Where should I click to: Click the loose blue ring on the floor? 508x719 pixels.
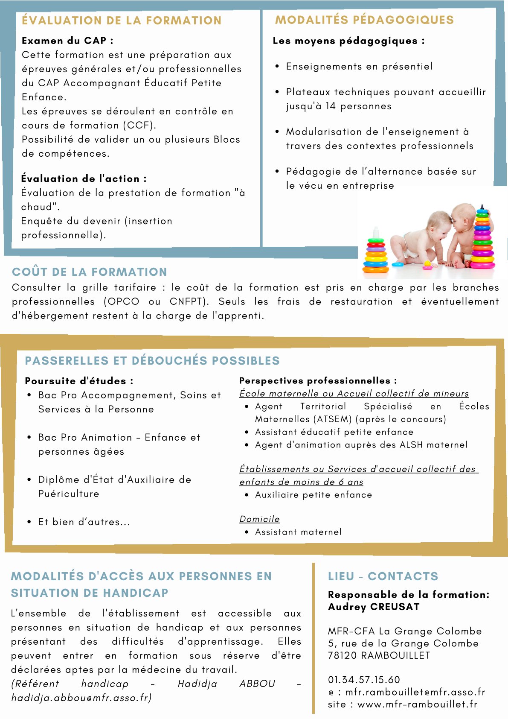coord(398,264)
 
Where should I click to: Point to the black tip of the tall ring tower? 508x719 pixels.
coord(482,207)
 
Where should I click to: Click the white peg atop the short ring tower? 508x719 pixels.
coord(376,233)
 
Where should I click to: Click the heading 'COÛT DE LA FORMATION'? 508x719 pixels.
coord(90,272)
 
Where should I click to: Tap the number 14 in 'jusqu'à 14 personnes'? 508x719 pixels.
coord(331,106)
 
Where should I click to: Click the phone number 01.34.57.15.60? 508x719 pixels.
coord(364,680)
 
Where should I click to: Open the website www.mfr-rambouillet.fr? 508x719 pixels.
coord(417,704)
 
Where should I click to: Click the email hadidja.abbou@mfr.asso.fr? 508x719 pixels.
coord(81,698)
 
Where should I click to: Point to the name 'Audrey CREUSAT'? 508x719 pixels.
coord(374,607)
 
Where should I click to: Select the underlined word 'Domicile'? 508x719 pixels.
coord(259,519)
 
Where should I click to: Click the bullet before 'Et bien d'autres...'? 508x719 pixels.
coord(29,522)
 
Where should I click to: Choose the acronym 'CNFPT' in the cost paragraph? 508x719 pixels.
coord(186,302)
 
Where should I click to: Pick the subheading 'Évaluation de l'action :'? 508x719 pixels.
coord(84,178)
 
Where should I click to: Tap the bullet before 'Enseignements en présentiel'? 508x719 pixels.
coord(277,67)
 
